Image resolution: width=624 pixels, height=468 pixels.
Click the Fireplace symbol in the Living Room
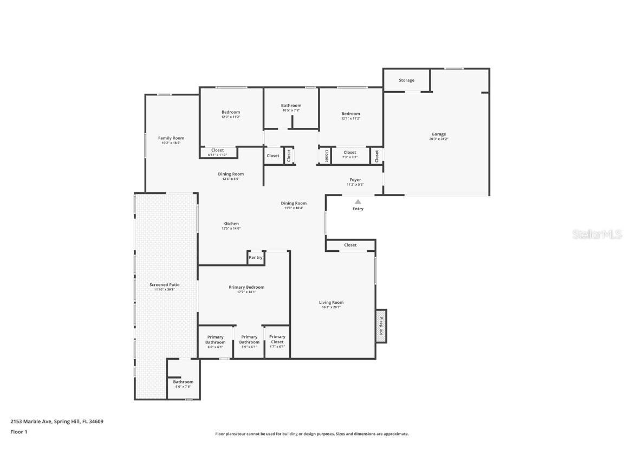pos(381,326)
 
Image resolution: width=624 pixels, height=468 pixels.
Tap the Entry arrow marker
pos(358,201)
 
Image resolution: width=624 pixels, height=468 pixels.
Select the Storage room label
pos(406,80)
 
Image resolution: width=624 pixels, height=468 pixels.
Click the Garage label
pos(439,134)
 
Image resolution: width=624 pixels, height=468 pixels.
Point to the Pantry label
pos(256,257)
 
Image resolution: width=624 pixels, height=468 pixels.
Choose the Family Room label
pos(171,138)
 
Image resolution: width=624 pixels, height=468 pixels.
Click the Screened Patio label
pos(165,284)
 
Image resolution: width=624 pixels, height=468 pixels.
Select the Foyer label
pos(355,180)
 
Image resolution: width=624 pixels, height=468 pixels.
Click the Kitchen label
pos(231,224)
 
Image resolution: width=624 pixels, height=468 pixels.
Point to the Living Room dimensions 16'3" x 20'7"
pos(331,308)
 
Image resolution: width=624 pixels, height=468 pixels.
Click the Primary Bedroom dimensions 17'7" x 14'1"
pos(246,292)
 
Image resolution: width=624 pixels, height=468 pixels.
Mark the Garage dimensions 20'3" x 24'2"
pos(439,139)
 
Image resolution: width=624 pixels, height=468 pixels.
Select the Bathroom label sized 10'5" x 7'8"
pos(291,106)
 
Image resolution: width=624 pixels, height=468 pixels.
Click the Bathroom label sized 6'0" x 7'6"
pos(183,382)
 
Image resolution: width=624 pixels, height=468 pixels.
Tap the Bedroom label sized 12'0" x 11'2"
pos(230,112)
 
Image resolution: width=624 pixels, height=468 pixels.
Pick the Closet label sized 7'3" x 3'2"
pos(350,152)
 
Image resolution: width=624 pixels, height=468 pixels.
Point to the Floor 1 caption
pos(18,432)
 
